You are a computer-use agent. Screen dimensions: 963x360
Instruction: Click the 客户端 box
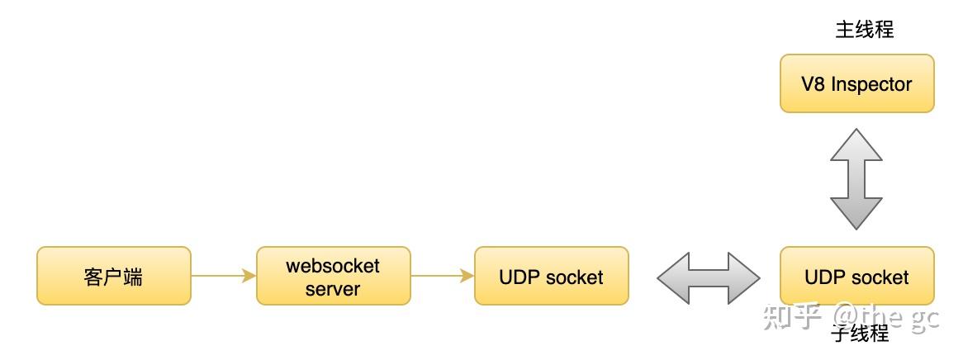click(x=114, y=276)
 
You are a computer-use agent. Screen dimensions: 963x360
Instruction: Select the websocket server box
click(x=334, y=276)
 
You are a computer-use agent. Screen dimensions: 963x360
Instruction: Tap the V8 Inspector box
click(x=856, y=83)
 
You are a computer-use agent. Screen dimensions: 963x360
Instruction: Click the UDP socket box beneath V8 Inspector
click(x=856, y=276)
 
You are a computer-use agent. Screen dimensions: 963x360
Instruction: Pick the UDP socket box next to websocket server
click(x=552, y=276)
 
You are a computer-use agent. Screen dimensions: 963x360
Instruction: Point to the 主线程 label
click(x=864, y=30)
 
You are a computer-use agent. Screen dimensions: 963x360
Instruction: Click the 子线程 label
click(x=861, y=333)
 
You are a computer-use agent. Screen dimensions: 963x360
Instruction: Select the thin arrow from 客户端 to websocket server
click(x=224, y=276)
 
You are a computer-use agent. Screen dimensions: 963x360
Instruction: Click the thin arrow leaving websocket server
click(x=442, y=276)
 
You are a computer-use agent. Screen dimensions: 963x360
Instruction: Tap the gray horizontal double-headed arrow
click(x=708, y=278)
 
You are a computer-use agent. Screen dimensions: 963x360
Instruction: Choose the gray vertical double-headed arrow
click(x=856, y=179)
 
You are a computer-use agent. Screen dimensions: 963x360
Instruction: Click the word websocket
click(x=333, y=266)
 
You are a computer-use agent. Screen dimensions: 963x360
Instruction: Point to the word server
click(x=333, y=289)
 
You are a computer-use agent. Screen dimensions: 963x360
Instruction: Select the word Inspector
click(x=870, y=85)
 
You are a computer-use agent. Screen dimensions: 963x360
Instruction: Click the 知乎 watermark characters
click(x=793, y=317)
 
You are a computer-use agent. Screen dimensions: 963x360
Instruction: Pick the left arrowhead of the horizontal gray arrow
click(x=674, y=278)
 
